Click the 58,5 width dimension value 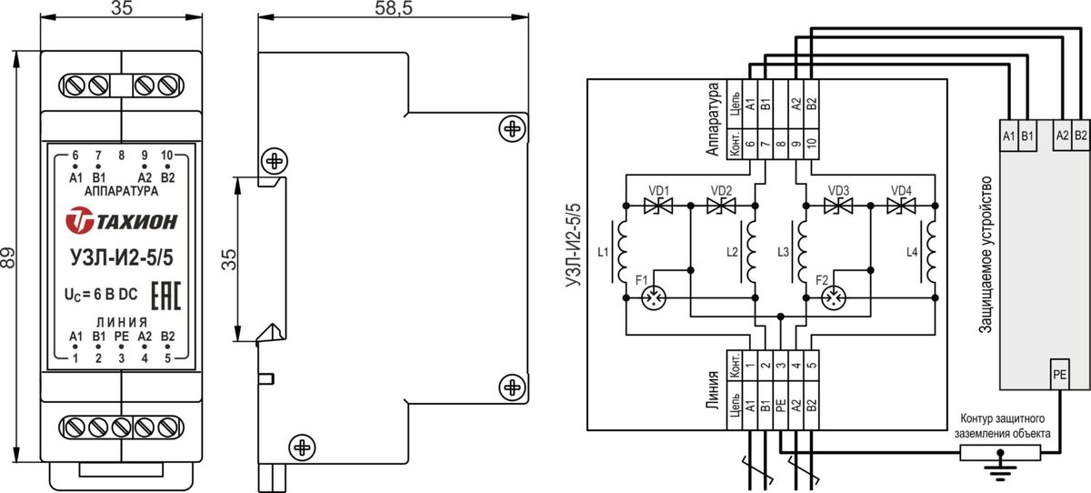(394, 8)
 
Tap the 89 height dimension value (8, 257)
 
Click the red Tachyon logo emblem (80, 220)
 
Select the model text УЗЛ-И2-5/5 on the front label (122, 257)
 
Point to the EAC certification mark (165, 296)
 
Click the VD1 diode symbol (658, 206)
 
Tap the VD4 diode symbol (901, 206)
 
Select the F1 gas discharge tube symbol (653, 297)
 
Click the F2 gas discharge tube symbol (834, 297)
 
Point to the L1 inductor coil (621, 252)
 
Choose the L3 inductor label (783, 252)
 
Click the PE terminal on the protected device (1059, 374)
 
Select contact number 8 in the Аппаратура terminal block (781, 145)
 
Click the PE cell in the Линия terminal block (781, 406)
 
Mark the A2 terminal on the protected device (1062, 135)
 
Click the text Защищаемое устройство (985, 255)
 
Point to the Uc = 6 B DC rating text (101, 295)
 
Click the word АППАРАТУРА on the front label (121, 191)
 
